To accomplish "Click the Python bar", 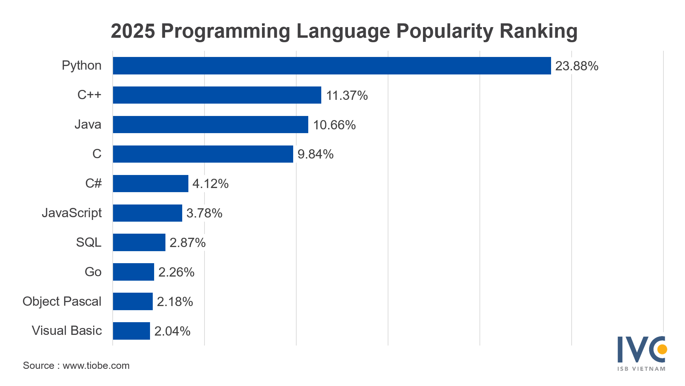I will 332,66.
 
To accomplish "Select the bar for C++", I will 217,95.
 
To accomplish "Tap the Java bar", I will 210,125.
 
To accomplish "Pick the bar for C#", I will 150,184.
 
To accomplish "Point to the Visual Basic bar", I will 131,331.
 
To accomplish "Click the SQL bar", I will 139,243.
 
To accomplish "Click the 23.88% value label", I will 576,66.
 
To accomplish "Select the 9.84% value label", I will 315,154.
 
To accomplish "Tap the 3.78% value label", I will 204,213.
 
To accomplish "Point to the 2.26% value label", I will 176,272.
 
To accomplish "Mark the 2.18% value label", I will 175,302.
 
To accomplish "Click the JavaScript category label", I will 72,213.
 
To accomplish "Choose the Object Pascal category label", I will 62,301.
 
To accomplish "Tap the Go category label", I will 93,272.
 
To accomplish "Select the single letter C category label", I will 97,154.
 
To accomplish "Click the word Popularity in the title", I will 444,31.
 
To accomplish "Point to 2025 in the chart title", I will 133,31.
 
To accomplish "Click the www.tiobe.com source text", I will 96,366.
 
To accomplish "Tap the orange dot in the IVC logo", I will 662,349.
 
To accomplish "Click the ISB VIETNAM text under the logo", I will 641,369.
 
